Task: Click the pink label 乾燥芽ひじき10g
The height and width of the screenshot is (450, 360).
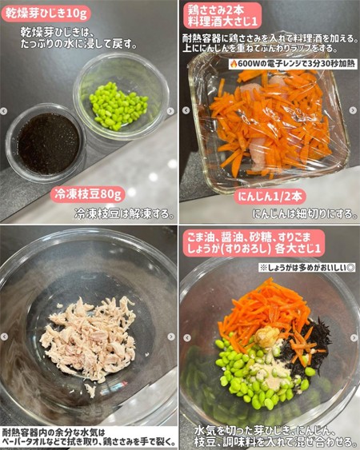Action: [46, 14]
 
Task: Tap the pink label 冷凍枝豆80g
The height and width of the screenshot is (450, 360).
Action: [88, 194]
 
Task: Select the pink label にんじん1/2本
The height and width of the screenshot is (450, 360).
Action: [270, 197]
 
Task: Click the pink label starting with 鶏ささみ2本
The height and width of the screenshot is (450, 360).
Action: [222, 16]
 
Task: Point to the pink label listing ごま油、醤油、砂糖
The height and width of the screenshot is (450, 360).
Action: [254, 243]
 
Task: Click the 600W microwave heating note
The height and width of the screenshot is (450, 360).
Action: [293, 64]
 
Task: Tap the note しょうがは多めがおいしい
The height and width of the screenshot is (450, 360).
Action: [307, 268]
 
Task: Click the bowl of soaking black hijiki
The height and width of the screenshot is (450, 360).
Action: [46, 143]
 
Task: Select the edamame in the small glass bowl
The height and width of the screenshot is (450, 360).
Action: [118, 106]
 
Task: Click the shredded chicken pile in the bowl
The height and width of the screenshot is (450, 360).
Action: [89, 339]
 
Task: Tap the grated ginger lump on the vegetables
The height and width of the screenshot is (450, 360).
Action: [267, 336]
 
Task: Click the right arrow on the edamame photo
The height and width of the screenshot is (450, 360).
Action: [170, 111]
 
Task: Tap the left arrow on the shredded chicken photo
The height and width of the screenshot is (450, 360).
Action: [4, 337]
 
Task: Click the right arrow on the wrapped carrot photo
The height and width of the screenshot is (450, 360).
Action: [353, 110]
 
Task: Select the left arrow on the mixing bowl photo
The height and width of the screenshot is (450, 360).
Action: [187, 338]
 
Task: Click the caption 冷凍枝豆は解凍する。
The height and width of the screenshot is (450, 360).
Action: [125, 213]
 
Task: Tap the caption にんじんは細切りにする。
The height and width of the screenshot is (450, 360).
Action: [305, 213]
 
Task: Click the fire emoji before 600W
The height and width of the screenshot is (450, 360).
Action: [233, 64]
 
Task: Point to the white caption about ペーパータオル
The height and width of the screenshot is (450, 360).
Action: [89, 437]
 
